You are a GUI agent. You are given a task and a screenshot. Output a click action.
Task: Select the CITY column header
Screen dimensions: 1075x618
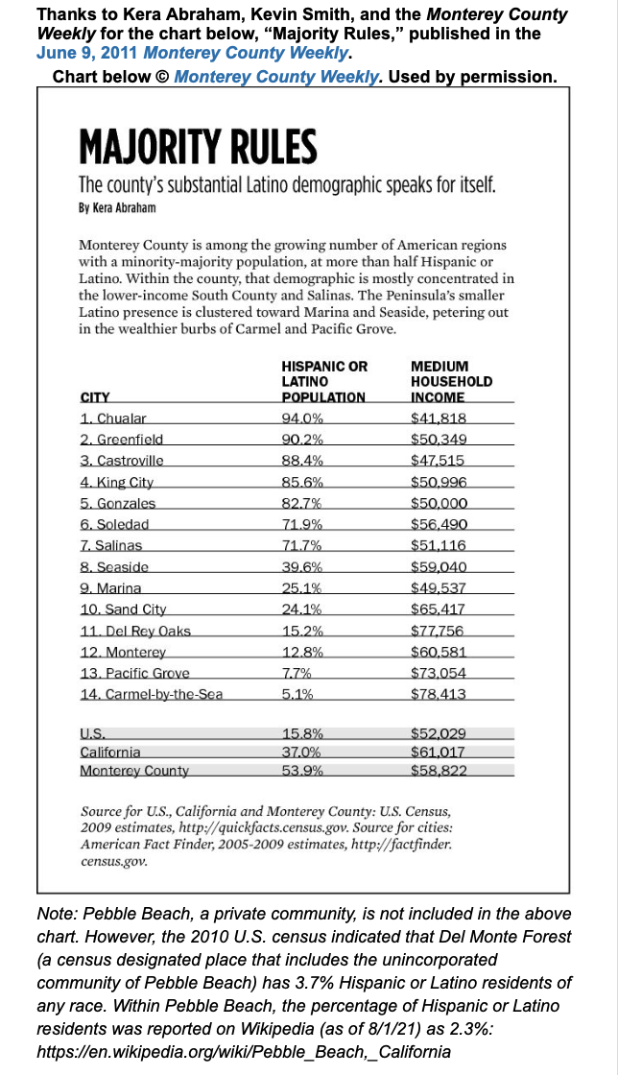coord(95,396)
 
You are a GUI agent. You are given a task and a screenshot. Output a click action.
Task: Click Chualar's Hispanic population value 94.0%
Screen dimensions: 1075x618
coord(303,418)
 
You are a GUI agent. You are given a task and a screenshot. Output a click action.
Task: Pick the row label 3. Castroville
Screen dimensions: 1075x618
coord(123,461)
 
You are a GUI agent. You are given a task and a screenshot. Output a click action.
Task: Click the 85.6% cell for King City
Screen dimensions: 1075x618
coord(302,482)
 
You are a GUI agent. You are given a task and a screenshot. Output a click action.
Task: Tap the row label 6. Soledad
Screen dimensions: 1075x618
coord(114,524)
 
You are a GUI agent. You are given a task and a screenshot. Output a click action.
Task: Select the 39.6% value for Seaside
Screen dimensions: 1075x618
coord(302,566)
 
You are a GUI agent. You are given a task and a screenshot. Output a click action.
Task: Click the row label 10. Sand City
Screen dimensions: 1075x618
coord(124,609)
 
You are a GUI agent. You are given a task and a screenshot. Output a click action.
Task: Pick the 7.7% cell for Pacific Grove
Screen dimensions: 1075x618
coord(298,673)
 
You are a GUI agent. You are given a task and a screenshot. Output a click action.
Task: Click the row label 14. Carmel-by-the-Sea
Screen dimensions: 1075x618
coord(152,694)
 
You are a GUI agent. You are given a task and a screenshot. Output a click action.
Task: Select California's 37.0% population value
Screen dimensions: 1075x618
coord(302,752)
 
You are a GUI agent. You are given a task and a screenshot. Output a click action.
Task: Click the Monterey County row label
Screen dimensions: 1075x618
coord(134,770)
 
